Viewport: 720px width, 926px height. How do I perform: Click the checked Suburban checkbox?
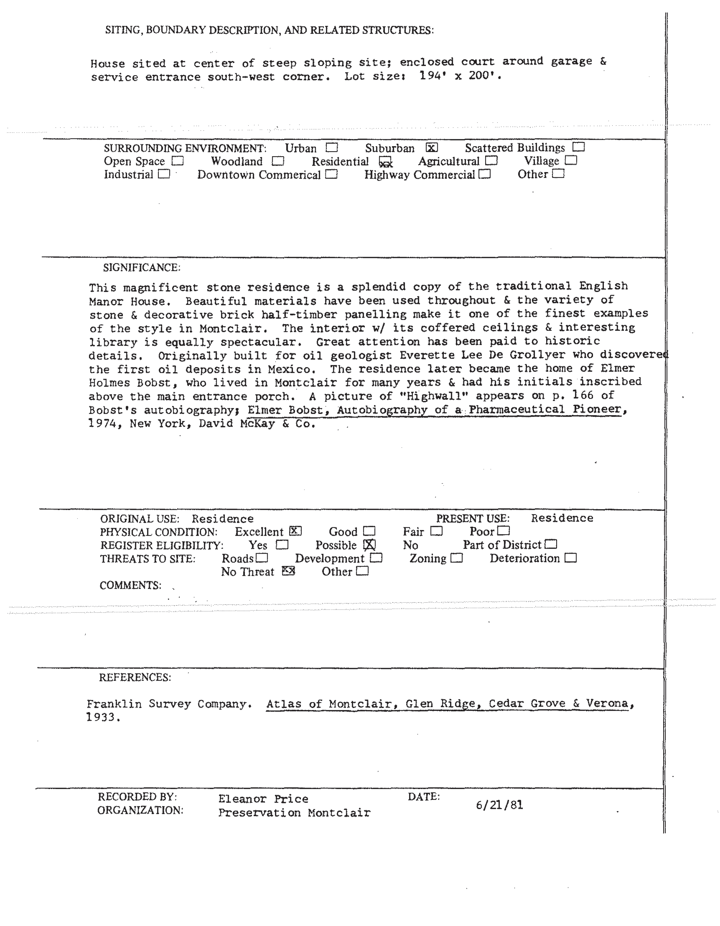coord(432,148)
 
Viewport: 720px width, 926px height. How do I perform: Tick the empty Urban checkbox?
coord(332,148)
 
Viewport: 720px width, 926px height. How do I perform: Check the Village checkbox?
coord(571,160)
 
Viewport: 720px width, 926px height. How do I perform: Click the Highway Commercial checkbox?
coord(485,174)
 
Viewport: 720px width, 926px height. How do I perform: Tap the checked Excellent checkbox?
coord(295,531)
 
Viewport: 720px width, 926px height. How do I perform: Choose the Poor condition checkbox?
coord(504,531)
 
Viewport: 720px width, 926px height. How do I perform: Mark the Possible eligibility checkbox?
coord(369,544)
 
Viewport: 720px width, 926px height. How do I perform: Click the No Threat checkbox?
coord(288,571)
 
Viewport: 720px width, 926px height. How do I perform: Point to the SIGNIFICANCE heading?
coord(141,268)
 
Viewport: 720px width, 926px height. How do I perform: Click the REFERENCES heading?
coord(135,677)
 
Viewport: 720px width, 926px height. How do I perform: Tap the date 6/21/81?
coord(499,805)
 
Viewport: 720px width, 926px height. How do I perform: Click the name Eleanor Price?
coord(263,799)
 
